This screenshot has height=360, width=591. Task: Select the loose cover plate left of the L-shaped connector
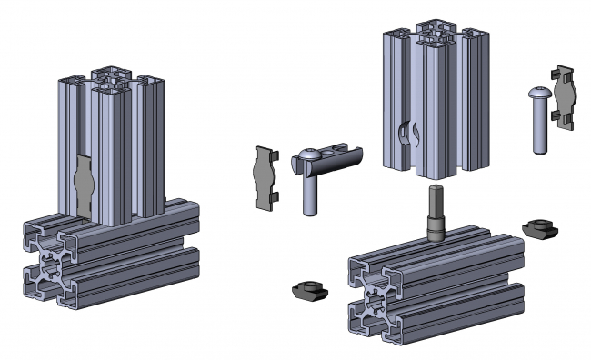click(265, 177)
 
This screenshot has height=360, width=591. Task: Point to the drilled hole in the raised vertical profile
click(406, 135)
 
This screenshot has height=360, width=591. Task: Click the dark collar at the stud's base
click(436, 232)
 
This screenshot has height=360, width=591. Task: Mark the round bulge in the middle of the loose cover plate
click(265, 177)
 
